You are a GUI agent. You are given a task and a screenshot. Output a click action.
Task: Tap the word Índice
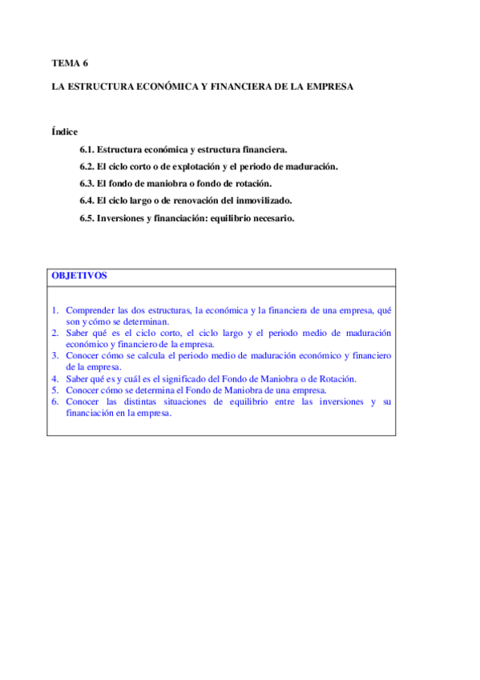(x=65, y=132)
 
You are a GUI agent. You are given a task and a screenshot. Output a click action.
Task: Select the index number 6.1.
(x=87, y=149)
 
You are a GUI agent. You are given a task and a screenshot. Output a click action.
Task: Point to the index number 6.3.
(x=87, y=183)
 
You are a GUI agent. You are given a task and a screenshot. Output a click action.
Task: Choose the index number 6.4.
(x=87, y=200)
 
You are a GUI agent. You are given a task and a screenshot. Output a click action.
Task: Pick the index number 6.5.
(x=87, y=217)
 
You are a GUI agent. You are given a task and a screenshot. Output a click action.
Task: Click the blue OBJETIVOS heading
(x=79, y=275)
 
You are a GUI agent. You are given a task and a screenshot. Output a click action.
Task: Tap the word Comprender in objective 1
(x=90, y=310)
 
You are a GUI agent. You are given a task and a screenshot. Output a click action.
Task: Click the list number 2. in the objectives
(x=56, y=332)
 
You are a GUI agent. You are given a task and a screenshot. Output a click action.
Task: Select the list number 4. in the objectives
(x=56, y=378)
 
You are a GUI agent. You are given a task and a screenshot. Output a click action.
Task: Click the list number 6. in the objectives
(x=56, y=402)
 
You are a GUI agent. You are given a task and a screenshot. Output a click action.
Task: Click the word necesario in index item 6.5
(x=272, y=217)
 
